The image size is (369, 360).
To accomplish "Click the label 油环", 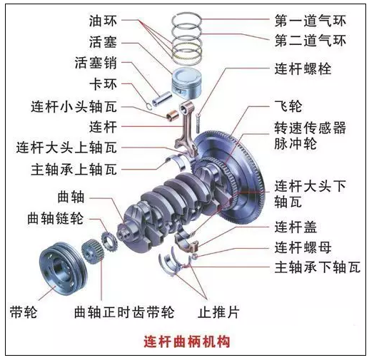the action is [x=103, y=21].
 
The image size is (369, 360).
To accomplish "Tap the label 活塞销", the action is [x=96, y=63].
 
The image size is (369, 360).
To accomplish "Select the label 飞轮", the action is [x=288, y=106].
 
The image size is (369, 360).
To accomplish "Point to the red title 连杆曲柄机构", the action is [x=187, y=341].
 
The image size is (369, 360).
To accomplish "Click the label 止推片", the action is [x=218, y=312].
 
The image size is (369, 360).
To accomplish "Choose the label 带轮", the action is [x=24, y=312].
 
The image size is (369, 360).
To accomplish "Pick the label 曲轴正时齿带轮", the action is [x=124, y=312].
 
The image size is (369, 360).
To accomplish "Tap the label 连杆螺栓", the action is [x=303, y=69].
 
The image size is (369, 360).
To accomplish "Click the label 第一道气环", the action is [x=310, y=21].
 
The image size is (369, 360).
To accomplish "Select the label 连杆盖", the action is [x=295, y=227].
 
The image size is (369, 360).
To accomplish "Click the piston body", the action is [x=187, y=83].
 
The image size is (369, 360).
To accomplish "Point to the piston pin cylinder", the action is [x=162, y=98].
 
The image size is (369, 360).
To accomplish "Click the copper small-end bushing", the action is [x=173, y=115].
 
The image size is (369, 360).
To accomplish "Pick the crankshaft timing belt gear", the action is [x=93, y=252].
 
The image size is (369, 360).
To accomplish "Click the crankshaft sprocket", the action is [x=109, y=242].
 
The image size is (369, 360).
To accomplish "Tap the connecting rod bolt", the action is [x=198, y=123].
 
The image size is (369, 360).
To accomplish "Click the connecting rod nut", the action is [x=195, y=256].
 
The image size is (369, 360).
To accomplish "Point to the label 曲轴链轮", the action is [x=56, y=218].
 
